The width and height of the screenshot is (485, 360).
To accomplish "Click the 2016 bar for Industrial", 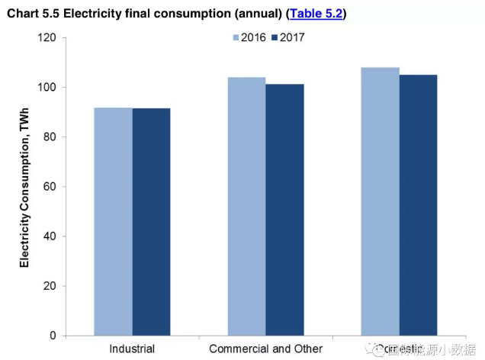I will (x=113, y=221).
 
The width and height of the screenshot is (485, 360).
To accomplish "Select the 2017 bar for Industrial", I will (x=151, y=221).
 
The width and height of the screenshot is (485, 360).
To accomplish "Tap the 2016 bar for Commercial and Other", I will (x=246, y=206).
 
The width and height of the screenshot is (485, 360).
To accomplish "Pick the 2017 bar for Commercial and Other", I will (x=284, y=210).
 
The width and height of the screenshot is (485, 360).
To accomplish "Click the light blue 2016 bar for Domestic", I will (x=380, y=201).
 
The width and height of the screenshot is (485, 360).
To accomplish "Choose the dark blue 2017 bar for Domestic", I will (x=418, y=205).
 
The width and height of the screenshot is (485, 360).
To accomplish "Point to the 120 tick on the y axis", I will (x=47, y=37).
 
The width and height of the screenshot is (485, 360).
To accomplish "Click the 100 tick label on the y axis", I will (x=47, y=87).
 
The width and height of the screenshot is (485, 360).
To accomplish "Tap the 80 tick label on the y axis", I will (x=50, y=137).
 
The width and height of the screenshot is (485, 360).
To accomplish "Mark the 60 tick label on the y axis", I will (x=50, y=186).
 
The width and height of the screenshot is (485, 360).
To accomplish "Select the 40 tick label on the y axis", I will (x=50, y=236).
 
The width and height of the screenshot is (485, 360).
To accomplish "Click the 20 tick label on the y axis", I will (x=50, y=286).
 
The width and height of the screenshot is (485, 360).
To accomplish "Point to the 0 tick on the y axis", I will (x=53, y=336).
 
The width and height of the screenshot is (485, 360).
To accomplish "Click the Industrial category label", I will (x=132, y=349).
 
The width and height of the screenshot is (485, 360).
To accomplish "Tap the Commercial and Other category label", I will (x=265, y=349).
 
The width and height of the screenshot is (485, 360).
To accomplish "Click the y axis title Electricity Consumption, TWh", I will (x=24, y=186).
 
